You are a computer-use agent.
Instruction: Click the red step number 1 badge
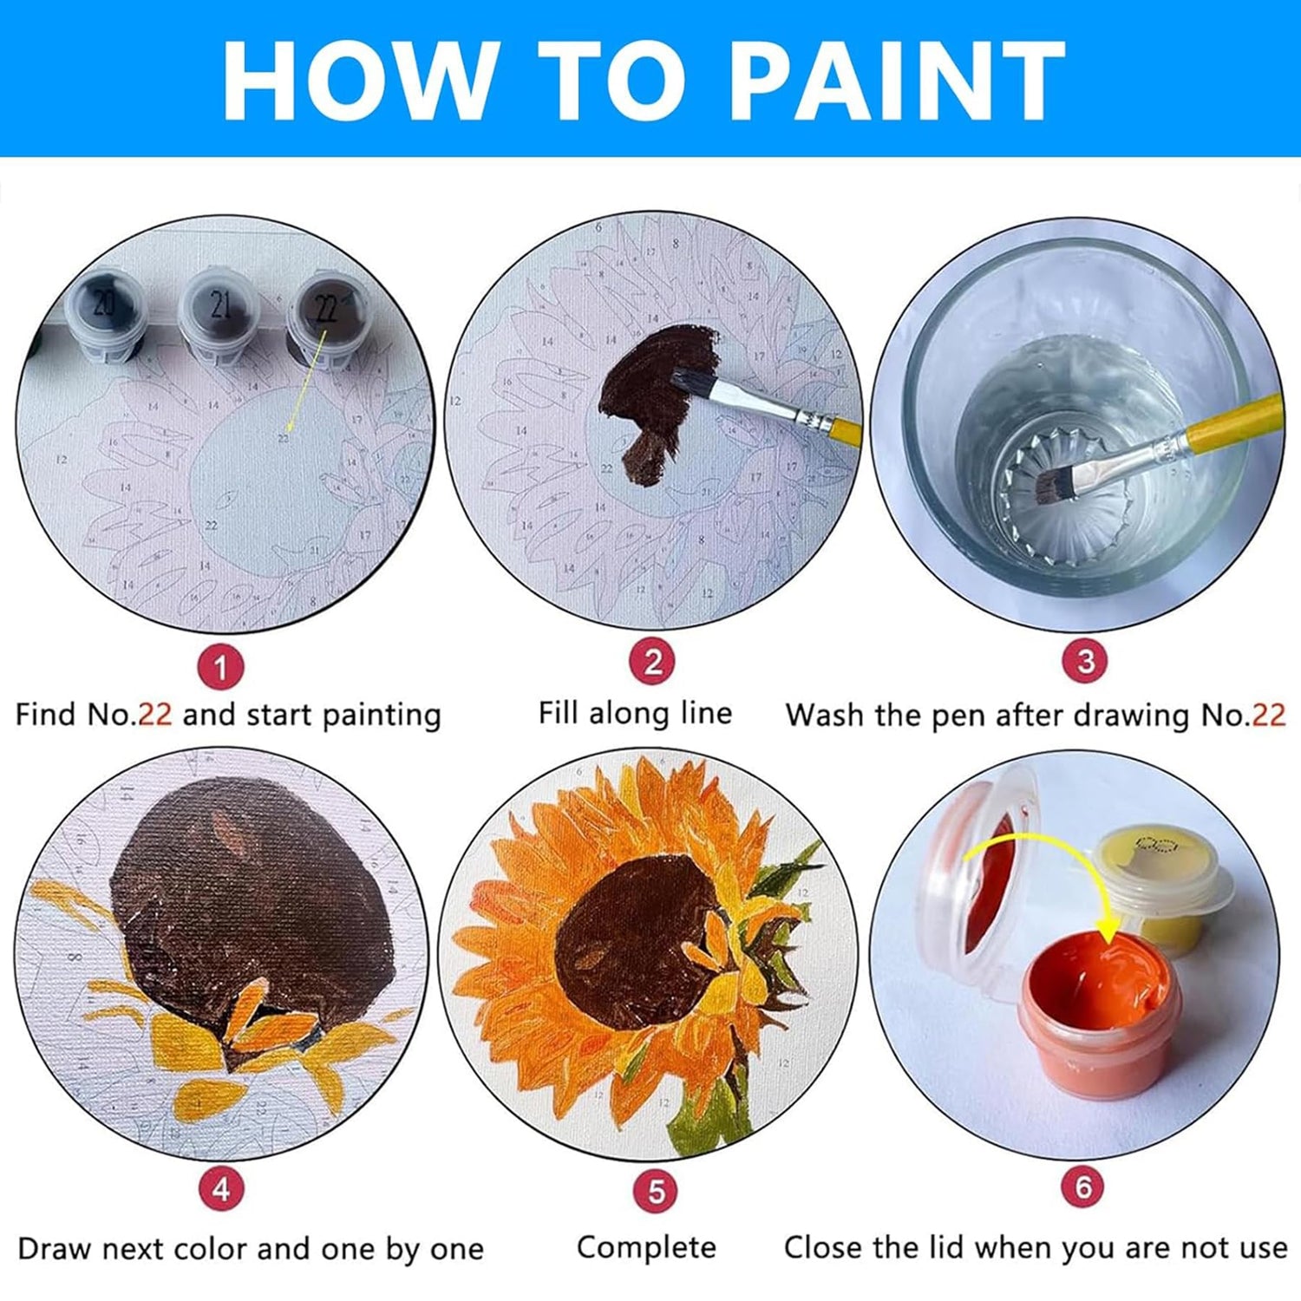pyautogui.click(x=220, y=668)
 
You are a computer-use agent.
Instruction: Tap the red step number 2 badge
pyautogui.click(x=652, y=663)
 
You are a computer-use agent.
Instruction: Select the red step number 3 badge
pyautogui.click(x=1085, y=661)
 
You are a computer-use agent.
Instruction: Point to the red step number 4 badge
pyautogui.click(x=221, y=1188)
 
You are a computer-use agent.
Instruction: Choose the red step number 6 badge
pyautogui.click(x=1083, y=1186)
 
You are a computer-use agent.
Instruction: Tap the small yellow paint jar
pyautogui.click(x=1160, y=886)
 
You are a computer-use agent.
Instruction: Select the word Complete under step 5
pyautogui.click(x=646, y=1248)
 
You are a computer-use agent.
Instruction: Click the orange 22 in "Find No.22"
pyautogui.click(x=155, y=715)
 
